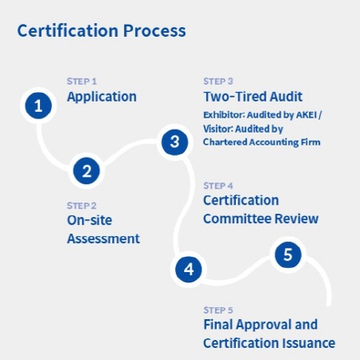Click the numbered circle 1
(38, 106)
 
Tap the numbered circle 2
(86, 171)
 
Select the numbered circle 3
(174, 142)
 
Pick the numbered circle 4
(189, 269)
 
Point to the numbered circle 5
(288, 254)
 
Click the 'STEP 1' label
(82, 82)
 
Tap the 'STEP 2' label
(82, 206)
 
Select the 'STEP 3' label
(218, 82)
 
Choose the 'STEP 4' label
(218, 186)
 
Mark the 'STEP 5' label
(218, 310)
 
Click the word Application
(102, 97)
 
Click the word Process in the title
(154, 30)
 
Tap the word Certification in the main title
(68, 30)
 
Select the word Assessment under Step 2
(103, 238)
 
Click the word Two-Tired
(235, 97)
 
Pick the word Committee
(238, 218)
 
